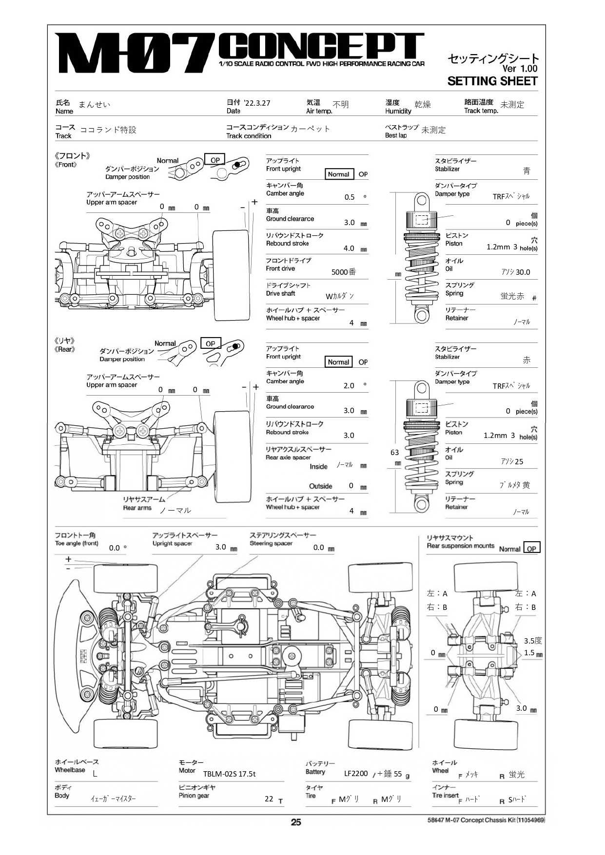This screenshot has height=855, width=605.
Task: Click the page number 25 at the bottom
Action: [296, 822]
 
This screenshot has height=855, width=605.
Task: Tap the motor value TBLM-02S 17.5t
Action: [229, 774]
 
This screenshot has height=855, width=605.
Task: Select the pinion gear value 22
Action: [269, 798]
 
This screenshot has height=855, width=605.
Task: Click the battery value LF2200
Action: [356, 773]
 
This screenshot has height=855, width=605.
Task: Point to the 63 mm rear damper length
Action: [395, 453]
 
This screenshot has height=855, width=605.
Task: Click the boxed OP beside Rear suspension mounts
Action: [531, 548]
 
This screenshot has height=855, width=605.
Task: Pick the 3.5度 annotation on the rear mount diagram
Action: [533, 641]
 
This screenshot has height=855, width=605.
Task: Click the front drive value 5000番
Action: [344, 272]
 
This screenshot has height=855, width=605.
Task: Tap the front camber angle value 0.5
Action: [350, 197]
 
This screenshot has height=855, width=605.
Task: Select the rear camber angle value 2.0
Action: [349, 385]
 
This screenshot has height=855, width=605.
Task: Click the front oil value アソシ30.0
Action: [515, 272]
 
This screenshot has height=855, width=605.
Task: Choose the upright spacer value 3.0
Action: [221, 547]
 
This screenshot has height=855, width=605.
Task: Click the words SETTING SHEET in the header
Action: [492, 81]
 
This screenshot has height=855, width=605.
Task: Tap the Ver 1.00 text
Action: [520, 69]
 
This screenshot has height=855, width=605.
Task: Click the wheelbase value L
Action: [95, 773]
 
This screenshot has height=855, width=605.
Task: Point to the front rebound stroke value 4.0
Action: [349, 248]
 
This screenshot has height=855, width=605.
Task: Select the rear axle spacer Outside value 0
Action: [351, 485]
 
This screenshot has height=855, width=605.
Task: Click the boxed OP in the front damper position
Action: [215, 160]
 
